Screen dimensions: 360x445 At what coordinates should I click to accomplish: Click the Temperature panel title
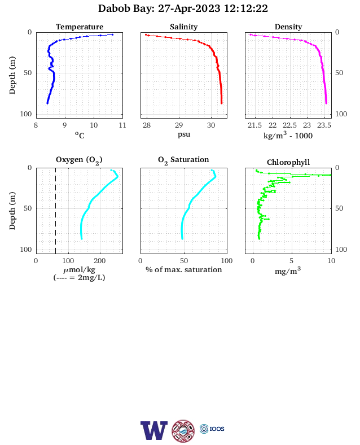click(x=80, y=27)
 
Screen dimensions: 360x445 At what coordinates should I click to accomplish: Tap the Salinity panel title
click(x=184, y=27)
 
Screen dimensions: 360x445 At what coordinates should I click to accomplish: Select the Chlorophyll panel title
click(x=288, y=162)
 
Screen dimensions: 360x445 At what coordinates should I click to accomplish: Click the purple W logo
click(x=154, y=430)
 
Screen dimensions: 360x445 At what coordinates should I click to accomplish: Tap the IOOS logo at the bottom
click(x=212, y=429)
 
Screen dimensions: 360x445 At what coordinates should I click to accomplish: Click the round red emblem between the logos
click(x=183, y=431)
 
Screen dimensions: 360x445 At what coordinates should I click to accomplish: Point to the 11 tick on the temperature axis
click(x=122, y=125)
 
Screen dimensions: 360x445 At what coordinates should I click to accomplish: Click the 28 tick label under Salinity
click(x=147, y=125)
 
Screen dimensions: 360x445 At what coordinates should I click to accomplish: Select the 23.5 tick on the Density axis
click(x=324, y=125)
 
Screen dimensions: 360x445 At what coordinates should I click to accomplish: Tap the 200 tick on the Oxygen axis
click(x=100, y=261)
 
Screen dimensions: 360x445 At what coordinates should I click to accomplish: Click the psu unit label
click(x=184, y=134)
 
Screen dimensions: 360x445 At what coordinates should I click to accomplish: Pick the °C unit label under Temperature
click(x=80, y=135)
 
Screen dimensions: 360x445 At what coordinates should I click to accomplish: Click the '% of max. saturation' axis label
click(x=184, y=269)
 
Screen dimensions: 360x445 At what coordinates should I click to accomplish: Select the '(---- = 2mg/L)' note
click(x=80, y=277)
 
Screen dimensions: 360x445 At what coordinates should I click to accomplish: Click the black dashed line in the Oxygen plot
click(x=55, y=211)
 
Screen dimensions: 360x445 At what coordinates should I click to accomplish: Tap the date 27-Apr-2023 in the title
click(x=189, y=8)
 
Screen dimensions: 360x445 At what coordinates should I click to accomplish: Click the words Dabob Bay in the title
click(x=126, y=8)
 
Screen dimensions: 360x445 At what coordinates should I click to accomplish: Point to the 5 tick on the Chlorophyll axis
click(x=291, y=261)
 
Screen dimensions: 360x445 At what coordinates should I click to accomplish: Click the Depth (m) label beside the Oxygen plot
click(x=12, y=211)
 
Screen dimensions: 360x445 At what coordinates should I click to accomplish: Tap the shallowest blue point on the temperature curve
click(x=112, y=34)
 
